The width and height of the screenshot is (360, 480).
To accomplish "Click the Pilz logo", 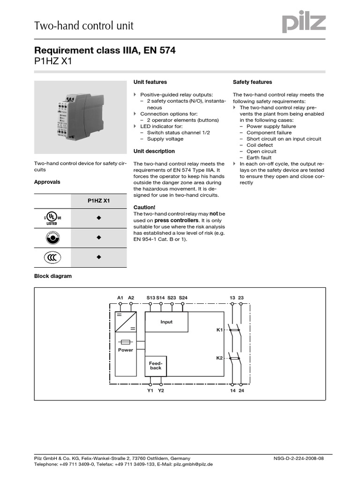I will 303,22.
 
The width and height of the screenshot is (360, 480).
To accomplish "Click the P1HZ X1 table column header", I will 98,200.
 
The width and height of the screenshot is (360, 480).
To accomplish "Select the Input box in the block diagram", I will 166,322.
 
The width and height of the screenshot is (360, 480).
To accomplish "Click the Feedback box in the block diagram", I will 156,366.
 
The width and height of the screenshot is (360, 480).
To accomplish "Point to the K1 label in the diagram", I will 219,330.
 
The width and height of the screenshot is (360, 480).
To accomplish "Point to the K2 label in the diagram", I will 219,358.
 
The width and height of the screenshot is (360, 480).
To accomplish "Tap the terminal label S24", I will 183,297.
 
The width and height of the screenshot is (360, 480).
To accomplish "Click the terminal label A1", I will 120,297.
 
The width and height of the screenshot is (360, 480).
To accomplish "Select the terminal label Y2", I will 161,390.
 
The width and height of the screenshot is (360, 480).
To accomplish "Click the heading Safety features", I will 252,82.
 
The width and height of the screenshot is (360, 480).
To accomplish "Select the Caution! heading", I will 144,207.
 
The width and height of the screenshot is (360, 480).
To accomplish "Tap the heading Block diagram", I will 53,276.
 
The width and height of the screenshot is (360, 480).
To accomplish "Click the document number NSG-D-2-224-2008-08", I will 298,458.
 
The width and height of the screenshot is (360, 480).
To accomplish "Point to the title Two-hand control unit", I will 84,26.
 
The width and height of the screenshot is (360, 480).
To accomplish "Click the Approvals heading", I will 47,182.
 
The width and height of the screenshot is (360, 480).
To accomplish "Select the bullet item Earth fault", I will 259,158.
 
